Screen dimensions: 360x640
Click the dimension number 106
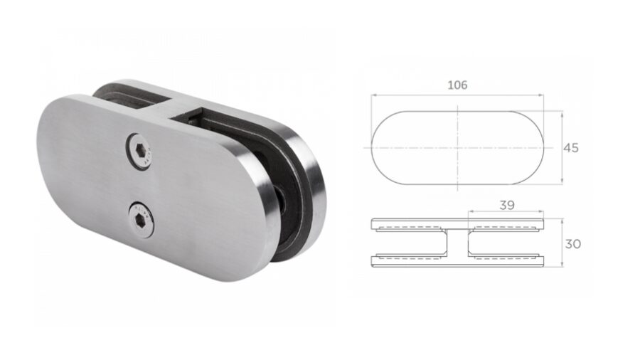[x=457, y=85]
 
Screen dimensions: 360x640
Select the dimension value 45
[x=571, y=148]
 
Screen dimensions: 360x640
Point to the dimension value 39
[x=506, y=205]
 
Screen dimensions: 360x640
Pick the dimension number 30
[x=572, y=243]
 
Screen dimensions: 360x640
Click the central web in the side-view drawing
[x=457, y=243]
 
